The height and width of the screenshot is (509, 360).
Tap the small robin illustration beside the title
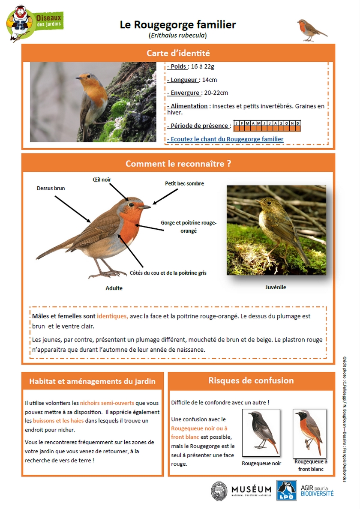click(x=312, y=30)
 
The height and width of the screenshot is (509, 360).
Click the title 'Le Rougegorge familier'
click(x=178, y=25)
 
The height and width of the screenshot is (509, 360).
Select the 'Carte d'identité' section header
click(x=178, y=53)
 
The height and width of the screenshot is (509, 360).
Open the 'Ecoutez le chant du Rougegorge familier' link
click(x=225, y=139)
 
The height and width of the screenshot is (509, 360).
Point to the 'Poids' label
click(x=177, y=66)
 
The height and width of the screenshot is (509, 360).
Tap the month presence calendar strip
click(x=267, y=126)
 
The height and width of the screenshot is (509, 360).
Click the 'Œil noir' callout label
click(x=102, y=179)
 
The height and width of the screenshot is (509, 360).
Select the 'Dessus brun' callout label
click(x=51, y=188)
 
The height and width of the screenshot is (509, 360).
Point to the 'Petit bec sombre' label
click(x=184, y=183)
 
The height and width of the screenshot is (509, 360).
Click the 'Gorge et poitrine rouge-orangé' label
click(x=189, y=227)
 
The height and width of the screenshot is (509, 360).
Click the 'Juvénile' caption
click(x=276, y=287)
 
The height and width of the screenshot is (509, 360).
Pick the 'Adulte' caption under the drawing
click(x=114, y=288)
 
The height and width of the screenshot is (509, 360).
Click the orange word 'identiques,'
click(x=112, y=316)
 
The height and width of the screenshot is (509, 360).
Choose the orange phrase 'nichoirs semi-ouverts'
click(x=107, y=403)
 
